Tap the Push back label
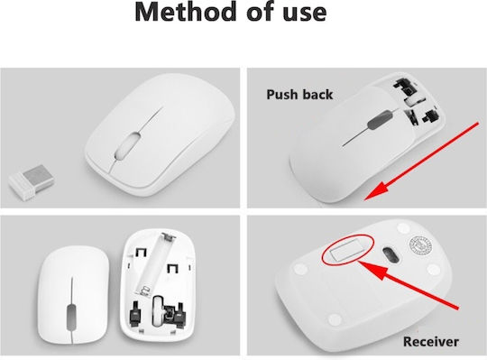(x=299, y=95)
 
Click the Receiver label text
(x=430, y=342)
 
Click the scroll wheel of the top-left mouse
(x=127, y=145)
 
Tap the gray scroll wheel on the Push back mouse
(x=380, y=120)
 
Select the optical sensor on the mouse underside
(x=391, y=255)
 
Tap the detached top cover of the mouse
(x=73, y=295)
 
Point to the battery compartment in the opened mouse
(x=154, y=264)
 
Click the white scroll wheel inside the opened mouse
(x=158, y=310)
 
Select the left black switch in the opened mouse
(x=135, y=314)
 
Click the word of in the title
(x=261, y=12)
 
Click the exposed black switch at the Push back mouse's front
(x=403, y=86)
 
